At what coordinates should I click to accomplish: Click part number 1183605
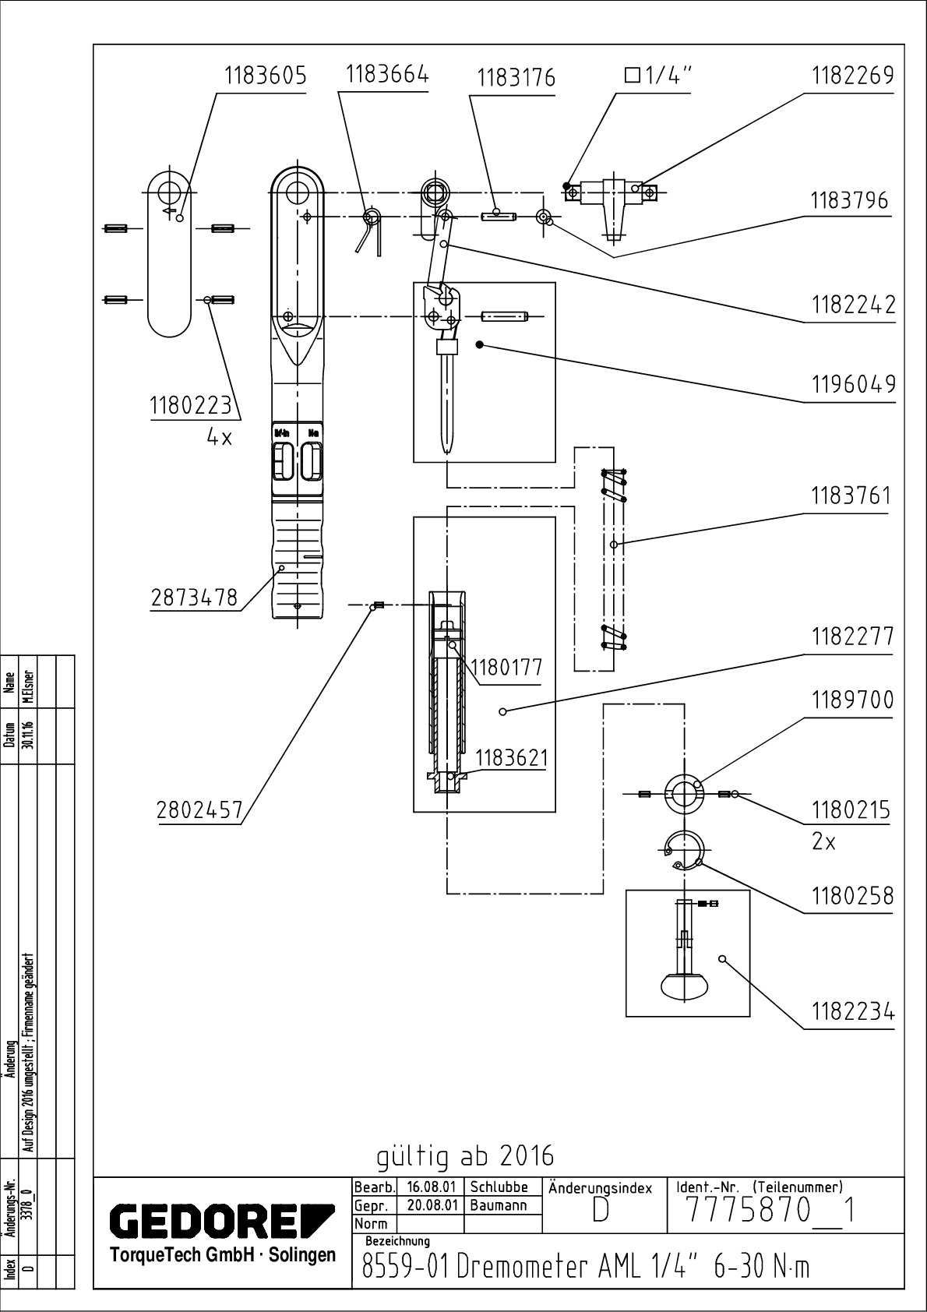265,76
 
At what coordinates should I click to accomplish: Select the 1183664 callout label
386,75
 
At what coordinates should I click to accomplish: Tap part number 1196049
853,384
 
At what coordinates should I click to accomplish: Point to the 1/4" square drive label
658,76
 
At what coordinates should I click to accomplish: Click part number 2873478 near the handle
194,598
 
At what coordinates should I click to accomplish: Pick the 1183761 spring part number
851,496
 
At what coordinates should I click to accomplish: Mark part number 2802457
200,810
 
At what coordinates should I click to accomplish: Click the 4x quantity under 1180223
219,437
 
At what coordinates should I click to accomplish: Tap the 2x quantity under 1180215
824,841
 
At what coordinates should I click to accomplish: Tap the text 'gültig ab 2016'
465,1156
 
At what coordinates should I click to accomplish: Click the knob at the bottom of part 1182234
683,986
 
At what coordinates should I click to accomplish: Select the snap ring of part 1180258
686,849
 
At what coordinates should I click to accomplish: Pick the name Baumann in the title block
499,1205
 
